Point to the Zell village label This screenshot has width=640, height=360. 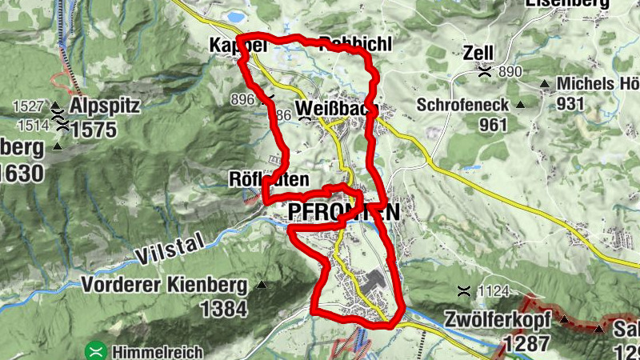[478, 54]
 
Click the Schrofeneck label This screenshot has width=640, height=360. [462, 105]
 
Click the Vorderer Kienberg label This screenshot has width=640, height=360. [167, 284]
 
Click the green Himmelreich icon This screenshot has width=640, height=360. [96, 350]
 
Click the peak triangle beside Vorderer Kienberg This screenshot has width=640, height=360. [261, 284]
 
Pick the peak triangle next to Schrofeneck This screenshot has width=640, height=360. [520, 105]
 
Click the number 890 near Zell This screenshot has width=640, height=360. [509, 73]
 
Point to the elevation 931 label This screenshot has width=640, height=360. [570, 104]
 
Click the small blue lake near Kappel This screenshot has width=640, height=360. [235, 16]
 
